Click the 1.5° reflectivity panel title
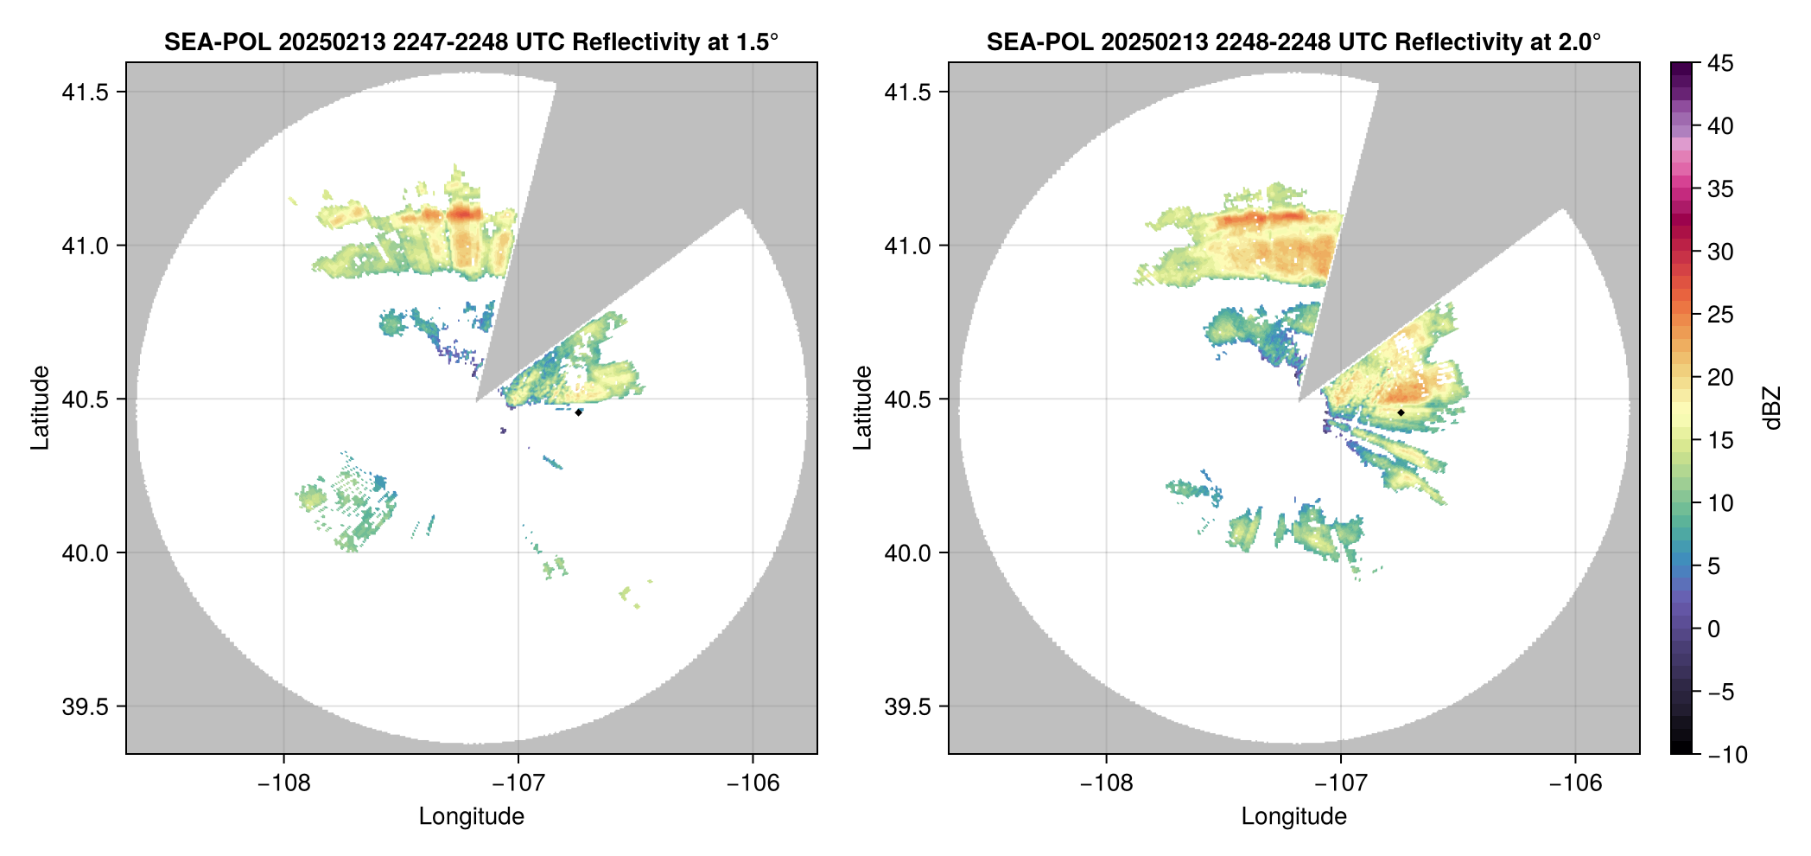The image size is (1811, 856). pyautogui.click(x=471, y=42)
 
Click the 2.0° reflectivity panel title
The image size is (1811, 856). pyautogui.click(x=1293, y=42)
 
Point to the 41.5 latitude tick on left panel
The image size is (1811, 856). pyautogui.click(x=86, y=93)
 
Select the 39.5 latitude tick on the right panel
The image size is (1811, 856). pyautogui.click(x=908, y=706)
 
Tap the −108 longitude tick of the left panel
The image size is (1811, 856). pyautogui.click(x=283, y=783)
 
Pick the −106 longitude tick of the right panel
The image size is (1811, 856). pyautogui.click(x=1575, y=783)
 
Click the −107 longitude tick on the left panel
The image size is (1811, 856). pyautogui.click(x=518, y=783)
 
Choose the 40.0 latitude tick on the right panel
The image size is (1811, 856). pyautogui.click(x=908, y=553)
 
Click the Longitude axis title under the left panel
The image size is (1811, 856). pyautogui.click(x=471, y=816)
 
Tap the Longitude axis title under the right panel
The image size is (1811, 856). pyautogui.click(x=1293, y=816)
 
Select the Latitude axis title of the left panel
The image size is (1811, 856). pyautogui.click(x=40, y=407)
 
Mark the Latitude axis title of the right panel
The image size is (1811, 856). pyautogui.click(x=862, y=407)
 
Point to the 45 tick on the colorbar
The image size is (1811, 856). pyautogui.click(x=1720, y=63)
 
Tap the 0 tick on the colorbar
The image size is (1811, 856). pyautogui.click(x=1713, y=629)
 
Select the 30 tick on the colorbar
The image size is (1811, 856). pyautogui.click(x=1720, y=252)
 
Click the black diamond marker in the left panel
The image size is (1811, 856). pyautogui.click(x=578, y=412)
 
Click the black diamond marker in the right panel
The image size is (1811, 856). pyautogui.click(x=1401, y=412)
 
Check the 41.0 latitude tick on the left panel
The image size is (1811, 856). pyautogui.click(x=86, y=246)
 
